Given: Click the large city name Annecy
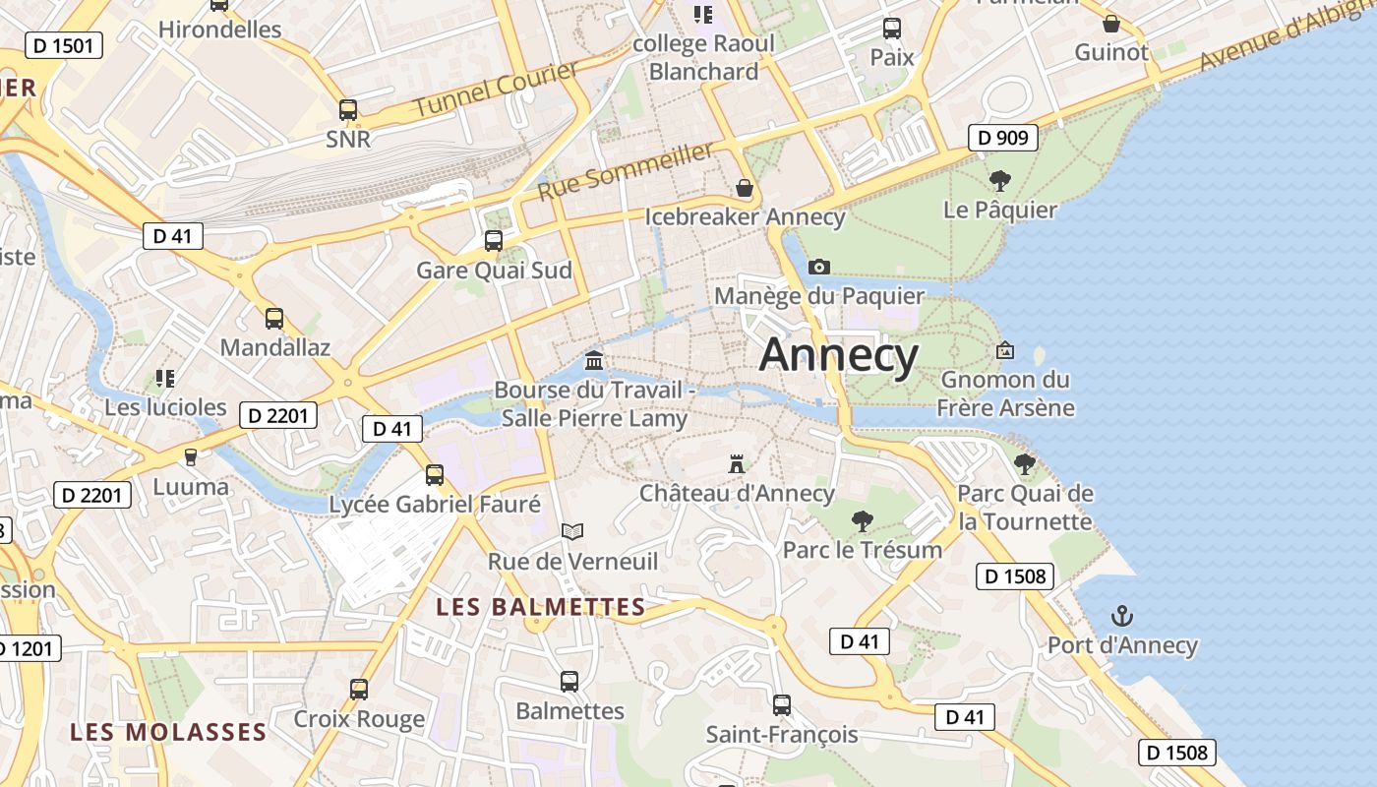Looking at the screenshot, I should (839, 355).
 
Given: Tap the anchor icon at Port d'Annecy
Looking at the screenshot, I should (1122, 617).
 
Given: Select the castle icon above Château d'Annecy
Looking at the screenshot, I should (737, 463).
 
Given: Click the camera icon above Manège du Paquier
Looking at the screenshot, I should (818, 267).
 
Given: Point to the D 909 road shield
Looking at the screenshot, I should (1003, 138).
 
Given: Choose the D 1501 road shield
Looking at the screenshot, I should (63, 44).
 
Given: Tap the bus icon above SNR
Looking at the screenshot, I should (348, 110).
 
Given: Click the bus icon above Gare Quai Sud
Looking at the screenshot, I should (494, 240).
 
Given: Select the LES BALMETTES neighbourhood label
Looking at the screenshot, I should (541, 607).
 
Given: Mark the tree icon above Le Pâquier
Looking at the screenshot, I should (1000, 180).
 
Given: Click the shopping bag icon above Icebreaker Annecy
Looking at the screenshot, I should (745, 187).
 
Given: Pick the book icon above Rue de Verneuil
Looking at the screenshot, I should (572, 532).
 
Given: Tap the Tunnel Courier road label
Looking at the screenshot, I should (496, 90).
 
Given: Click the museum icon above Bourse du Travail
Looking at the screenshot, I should (594, 360).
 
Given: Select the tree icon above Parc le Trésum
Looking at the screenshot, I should (863, 520).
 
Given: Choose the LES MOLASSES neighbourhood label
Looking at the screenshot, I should (168, 732).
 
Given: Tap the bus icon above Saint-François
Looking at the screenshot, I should (782, 704).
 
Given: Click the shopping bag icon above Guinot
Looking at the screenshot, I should (1111, 24).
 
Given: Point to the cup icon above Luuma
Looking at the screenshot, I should (191, 456).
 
